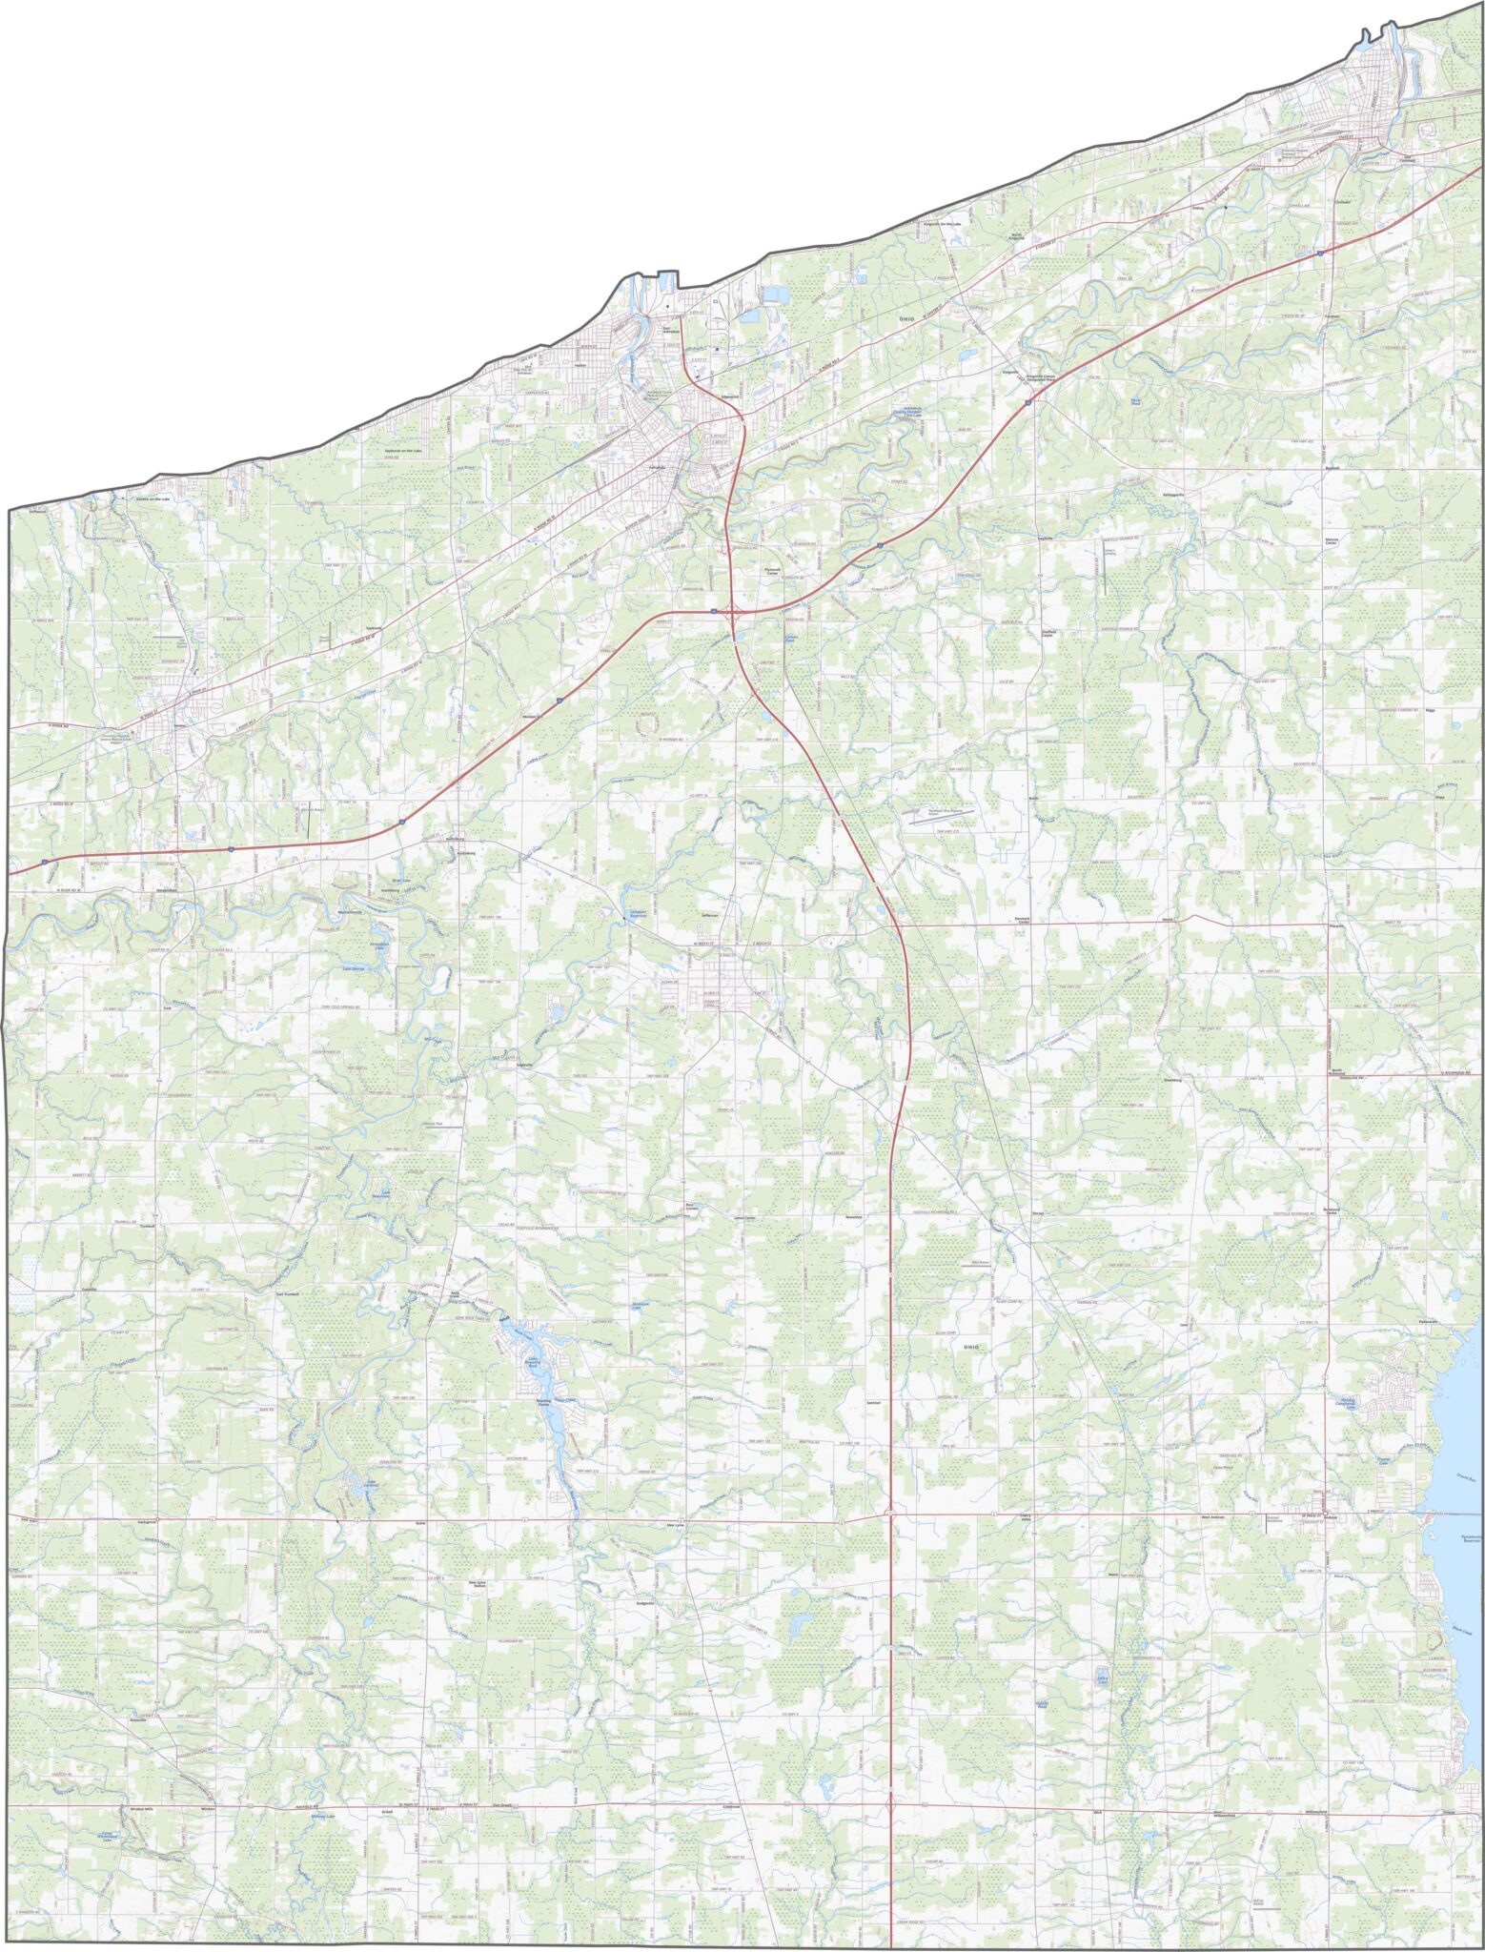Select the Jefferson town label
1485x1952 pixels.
click(x=708, y=916)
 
